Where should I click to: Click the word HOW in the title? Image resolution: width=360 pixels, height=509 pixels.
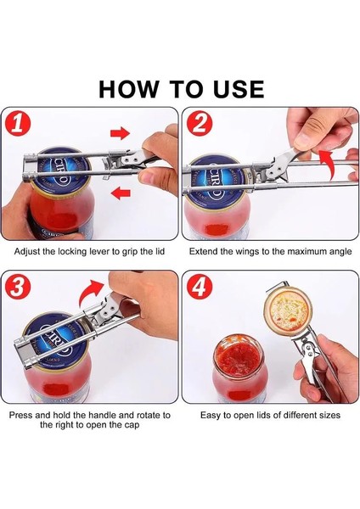click(129, 88)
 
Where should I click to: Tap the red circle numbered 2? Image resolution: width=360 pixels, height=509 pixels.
click(201, 125)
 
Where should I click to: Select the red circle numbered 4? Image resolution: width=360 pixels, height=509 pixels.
click(201, 288)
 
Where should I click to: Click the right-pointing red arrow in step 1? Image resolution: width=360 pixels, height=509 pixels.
click(121, 133)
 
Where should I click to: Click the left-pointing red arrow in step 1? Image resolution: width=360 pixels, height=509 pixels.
click(121, 193)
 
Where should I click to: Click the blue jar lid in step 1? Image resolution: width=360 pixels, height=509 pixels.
click(61, 171)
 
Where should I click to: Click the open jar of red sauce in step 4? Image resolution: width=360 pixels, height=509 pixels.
click(240, 368)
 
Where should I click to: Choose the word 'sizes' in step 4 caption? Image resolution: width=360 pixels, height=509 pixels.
click(329, 415)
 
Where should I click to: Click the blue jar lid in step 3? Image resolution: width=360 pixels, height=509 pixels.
click(56, 341)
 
